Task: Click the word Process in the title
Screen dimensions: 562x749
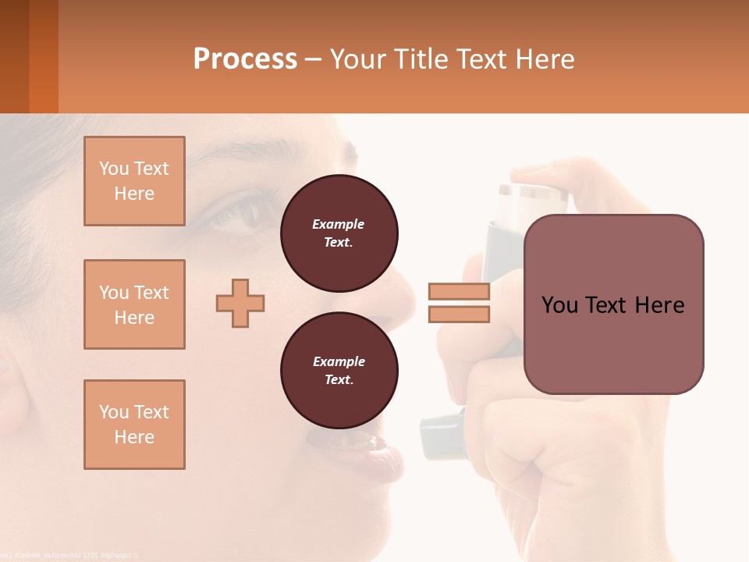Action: pos(245,59)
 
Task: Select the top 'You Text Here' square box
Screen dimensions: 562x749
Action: pos(134,181)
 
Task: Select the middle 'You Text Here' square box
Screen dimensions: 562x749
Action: pos(134,304)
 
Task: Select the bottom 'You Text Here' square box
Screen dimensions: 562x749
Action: pos(134,425)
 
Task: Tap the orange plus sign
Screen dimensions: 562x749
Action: pos(240,303)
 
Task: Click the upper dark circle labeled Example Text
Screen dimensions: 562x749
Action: pos(339,233)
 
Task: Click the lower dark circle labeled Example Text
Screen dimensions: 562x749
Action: pos(339,370)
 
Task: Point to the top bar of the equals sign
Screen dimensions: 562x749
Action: pos(459,292)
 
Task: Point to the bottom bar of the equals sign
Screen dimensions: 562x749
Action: pos(459,314)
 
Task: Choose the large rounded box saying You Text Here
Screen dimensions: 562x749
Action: pos(613,304)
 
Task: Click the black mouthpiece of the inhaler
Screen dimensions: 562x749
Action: pos(442,434)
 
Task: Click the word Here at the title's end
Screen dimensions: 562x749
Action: pos(545,59)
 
